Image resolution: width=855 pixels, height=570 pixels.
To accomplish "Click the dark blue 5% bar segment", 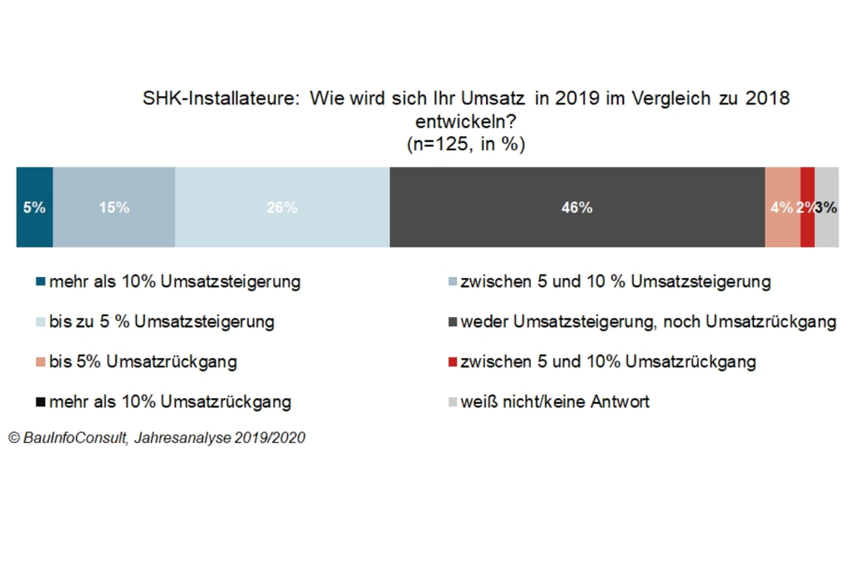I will (x=34, y=207).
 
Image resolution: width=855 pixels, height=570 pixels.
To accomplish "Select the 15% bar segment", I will (x=114, y=207).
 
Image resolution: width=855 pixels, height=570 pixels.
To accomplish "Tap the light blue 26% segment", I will (x=282, y=207).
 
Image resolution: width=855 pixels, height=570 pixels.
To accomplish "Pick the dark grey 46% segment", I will (x=577, y=207).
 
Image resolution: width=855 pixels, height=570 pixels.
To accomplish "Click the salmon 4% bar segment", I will (x=782, y=207).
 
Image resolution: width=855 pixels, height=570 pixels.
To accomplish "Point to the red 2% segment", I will (x=807, y=207).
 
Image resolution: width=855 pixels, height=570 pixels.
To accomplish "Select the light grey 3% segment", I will (x=827, y=207).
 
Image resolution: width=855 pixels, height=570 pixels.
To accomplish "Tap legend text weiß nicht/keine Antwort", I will (x=554, y=402).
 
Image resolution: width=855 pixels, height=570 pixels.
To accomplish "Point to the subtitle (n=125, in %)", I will (x=465, y=144).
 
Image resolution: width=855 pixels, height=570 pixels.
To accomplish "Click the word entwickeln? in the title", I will (x=465, y=122).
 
